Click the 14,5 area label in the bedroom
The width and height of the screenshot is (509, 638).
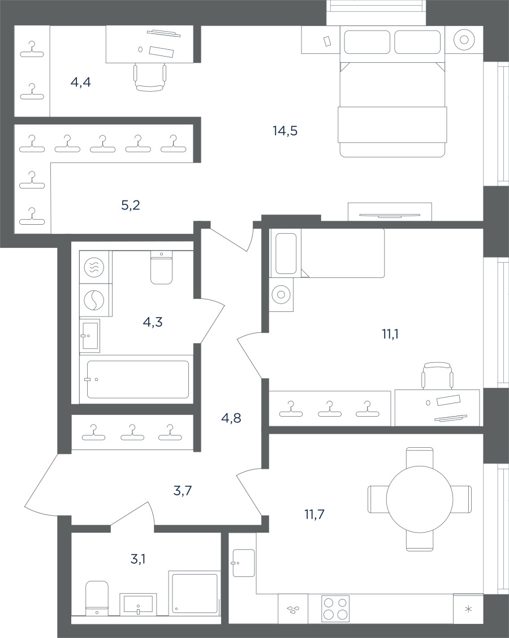tap(285, 131)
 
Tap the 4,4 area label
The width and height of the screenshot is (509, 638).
tap(80, 83)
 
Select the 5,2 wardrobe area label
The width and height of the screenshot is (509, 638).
tap(131, 205)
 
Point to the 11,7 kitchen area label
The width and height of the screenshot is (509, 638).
tap(314, 515)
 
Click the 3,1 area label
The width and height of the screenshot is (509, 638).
tap(138, 559)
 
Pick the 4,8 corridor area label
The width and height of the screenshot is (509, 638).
tap(231, 417)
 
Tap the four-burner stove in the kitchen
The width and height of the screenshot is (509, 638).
tap(335, 609)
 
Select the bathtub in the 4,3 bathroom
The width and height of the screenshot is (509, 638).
tap(138, 380)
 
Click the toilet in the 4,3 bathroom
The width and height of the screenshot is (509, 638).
tap(161, 267)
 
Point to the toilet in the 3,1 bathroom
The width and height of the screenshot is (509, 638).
tap(97, 598)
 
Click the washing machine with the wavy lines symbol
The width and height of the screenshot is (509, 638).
tap(94, 267)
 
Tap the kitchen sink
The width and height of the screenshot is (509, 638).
tap(244, 563)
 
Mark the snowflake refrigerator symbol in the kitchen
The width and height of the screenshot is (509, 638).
tap(468, 609)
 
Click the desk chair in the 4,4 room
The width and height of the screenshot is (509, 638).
tap(150, 77)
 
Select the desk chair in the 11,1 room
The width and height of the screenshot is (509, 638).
tap(437, 375)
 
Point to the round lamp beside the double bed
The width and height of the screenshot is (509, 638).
tap(464, 40)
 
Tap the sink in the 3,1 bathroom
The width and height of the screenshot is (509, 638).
tap(138, 605)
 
